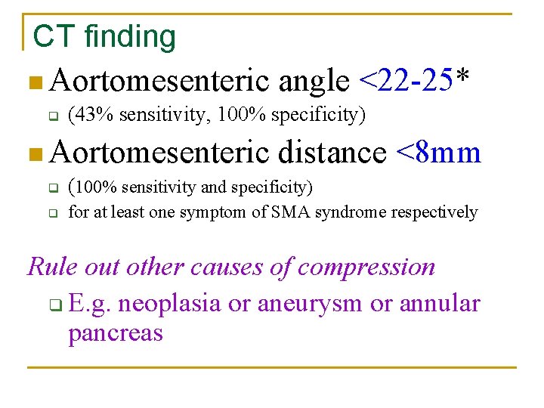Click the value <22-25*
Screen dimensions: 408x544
click(x=415, y=78)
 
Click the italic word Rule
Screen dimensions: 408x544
click(x=48, y=267)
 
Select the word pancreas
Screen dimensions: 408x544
click(x=115, y=332)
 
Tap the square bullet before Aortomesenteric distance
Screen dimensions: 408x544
click(x=29, y=155)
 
